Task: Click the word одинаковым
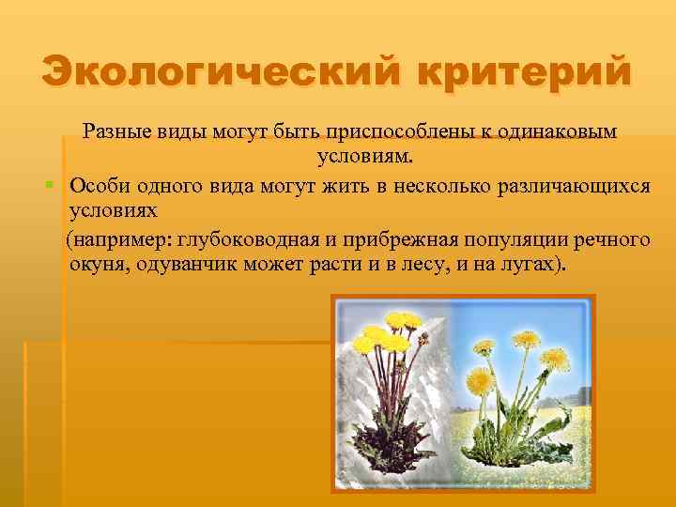click(562, 131)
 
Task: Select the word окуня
click(99, 264)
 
